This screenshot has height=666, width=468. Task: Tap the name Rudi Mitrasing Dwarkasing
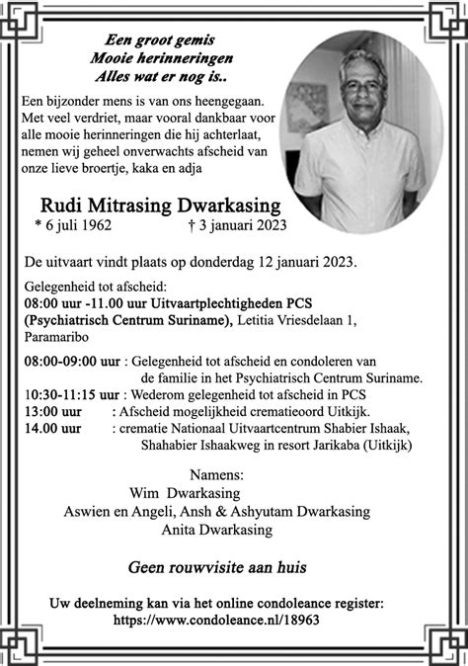[160, 207]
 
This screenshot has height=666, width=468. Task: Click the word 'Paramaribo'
[57, 335]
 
